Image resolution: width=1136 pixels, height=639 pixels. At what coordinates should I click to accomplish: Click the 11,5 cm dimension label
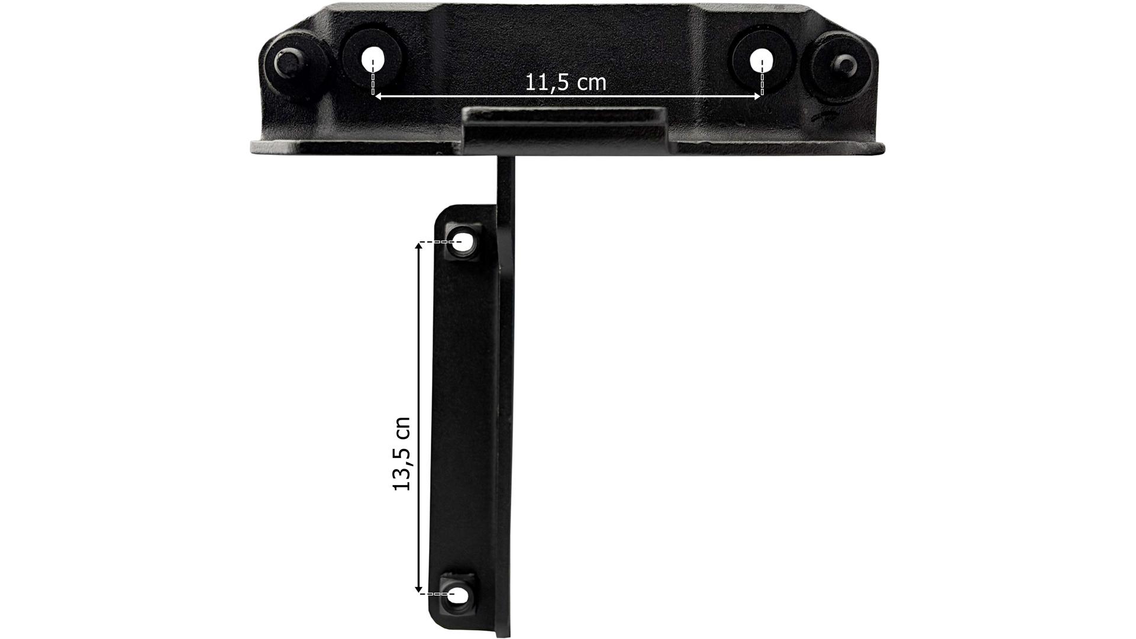click(566, 82)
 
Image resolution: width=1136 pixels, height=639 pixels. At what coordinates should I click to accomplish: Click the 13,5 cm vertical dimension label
click(402, 454)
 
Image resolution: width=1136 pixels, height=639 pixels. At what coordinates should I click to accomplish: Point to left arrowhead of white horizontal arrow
click(377, 95)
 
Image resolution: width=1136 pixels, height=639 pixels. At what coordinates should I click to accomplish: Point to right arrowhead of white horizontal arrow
click(756, 95)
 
